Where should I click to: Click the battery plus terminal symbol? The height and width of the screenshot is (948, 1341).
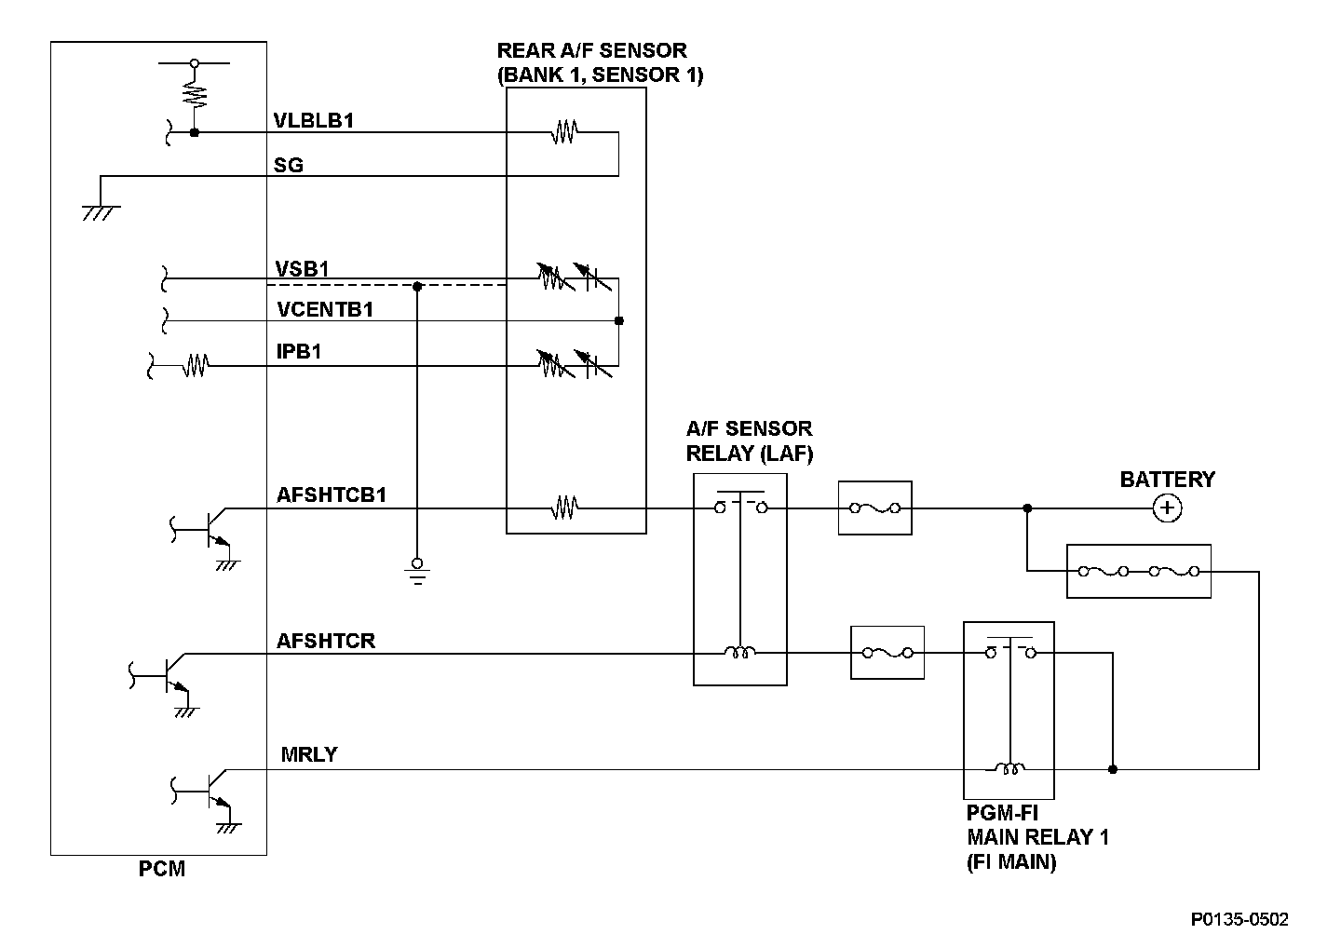1168,508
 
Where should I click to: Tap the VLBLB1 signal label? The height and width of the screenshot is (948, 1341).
314,120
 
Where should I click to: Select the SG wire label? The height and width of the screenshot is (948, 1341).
289,165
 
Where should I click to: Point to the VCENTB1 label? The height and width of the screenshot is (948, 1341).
325,309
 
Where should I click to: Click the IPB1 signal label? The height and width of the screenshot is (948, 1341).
299,351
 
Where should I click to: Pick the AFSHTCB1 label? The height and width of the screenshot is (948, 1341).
332,494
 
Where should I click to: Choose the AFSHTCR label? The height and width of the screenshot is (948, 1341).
326,641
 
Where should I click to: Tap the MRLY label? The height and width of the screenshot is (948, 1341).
309,754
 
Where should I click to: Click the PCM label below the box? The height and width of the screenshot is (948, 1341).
162,869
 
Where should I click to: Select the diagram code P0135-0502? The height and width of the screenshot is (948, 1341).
1239,919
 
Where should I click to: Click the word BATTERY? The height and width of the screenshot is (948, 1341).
1168,480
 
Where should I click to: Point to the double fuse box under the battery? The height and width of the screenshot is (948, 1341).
1139,571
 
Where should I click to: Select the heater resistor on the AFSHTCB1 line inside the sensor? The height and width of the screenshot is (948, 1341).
564,508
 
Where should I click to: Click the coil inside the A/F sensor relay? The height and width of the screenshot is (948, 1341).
740,652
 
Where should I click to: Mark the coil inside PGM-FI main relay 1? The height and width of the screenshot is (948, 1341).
1009,768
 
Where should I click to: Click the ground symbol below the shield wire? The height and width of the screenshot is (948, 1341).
417,571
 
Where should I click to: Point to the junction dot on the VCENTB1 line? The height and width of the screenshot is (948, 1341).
619,320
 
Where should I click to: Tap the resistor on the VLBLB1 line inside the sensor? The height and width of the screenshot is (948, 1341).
564,131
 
